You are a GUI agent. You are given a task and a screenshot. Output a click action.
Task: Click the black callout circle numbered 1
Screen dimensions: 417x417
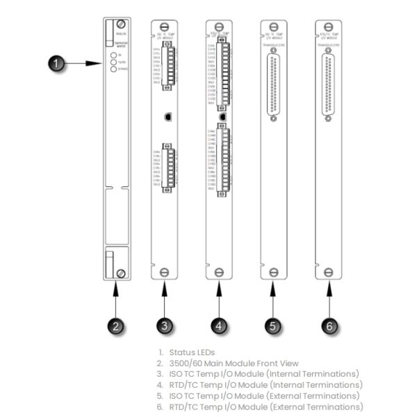pos(60,64)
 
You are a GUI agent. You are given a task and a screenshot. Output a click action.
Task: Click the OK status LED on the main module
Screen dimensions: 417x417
pos(113,54)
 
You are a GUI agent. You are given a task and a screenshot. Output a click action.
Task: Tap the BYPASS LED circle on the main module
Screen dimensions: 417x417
pos(113,68)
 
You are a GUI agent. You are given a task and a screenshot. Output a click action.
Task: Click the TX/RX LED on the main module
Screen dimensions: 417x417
pos(113,60)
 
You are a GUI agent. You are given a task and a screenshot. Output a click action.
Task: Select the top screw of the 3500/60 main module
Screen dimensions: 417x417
pos(122,25)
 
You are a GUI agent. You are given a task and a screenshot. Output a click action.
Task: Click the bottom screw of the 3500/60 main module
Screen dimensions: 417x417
pos(122,272)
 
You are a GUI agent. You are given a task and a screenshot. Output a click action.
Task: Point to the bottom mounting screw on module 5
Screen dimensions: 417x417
pos(272,272)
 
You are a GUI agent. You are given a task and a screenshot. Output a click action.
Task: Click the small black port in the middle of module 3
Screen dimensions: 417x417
pos(167,117)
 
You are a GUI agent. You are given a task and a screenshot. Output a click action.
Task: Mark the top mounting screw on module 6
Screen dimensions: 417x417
pos(327,25)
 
